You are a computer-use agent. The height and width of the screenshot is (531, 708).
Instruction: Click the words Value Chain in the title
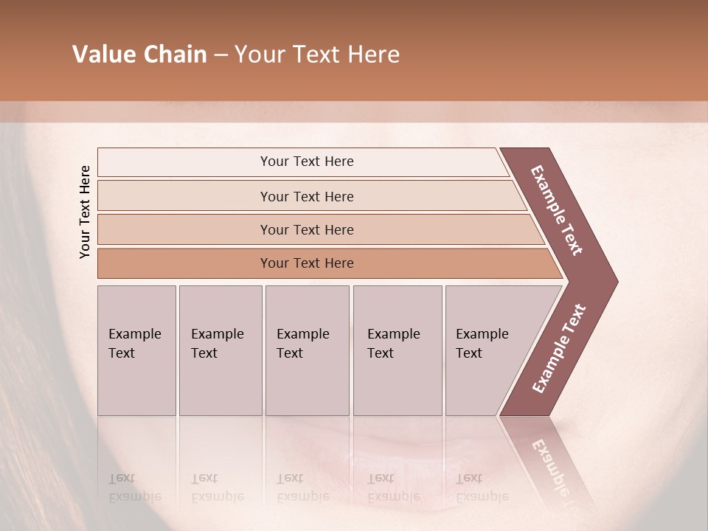pyautogui.click(x=139, y=55)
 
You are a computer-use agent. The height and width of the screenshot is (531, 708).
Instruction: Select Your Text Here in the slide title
pyautogui.click(x=317, y=55)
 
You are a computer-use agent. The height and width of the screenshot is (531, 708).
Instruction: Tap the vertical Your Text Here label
pyautogui.click(x=85, y=212)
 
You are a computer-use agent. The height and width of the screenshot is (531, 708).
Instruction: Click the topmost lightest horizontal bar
pyautogui.click(x=307, y=162)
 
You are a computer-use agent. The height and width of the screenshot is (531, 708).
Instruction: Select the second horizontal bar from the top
pyautogui.click(x=307, y=196)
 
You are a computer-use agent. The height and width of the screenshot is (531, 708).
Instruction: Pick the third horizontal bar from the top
pyautogui.click(x=307, y=229)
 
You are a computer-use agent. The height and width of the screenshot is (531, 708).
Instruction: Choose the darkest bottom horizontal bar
pyautogui.click(x=307, y=263)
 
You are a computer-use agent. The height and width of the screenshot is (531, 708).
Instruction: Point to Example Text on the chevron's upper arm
pyautogui.click(x=557, y=210)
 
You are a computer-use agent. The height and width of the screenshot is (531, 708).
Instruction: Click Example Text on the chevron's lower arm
pyautogui.click(x=558, y=349)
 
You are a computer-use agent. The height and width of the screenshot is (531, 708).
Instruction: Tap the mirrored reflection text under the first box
pyautogui.click(x=135, y=487)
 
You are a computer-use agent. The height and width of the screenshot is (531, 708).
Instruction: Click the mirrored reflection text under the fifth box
pyautogui.click(x=482, y=487)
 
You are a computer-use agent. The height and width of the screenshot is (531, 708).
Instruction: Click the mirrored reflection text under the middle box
pyautogui.click(x=303, y=487)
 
